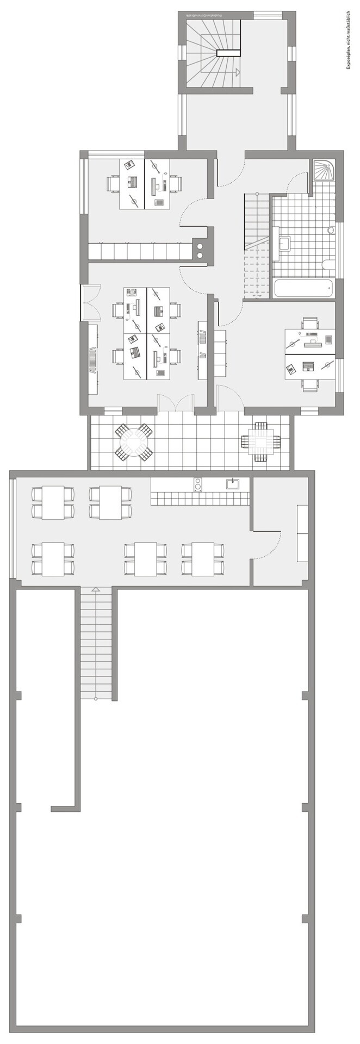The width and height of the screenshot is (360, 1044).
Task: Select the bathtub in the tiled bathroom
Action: [303, 289]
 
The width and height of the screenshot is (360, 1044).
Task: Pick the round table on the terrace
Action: [133, 442]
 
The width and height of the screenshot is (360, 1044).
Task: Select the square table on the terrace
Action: [260, 441]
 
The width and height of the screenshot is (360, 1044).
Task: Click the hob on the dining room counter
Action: [198, 483]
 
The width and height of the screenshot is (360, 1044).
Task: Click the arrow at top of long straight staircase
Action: [96, 589]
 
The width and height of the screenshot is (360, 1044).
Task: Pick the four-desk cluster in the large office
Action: [146, 333]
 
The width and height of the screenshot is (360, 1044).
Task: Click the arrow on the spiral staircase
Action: [237, 71]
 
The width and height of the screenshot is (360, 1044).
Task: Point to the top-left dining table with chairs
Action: [53, 502]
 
